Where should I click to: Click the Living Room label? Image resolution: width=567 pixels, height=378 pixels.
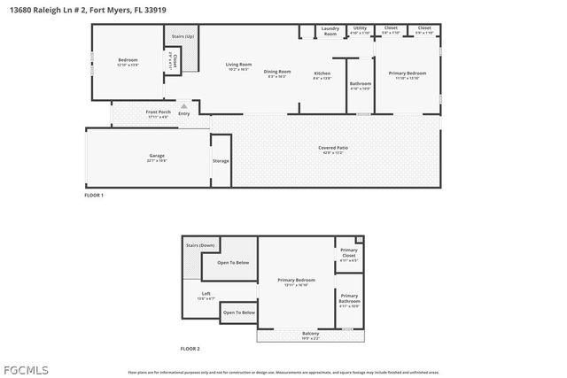238,65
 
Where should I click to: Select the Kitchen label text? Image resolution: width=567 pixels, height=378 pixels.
322,73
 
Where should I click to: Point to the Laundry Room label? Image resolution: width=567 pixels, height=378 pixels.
330,31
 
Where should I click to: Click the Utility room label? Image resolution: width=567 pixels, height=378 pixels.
360,28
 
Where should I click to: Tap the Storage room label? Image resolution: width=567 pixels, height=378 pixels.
221,160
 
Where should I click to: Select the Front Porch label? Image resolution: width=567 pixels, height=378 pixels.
159,112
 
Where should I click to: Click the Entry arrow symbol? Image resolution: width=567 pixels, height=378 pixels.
184,105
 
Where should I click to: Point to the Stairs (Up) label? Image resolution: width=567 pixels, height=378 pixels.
177,36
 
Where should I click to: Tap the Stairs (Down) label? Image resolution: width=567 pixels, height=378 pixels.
199,245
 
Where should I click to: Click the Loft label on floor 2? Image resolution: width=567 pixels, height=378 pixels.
206,293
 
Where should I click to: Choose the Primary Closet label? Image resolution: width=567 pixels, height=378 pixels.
349,255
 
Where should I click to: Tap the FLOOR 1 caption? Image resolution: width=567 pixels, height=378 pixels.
94,195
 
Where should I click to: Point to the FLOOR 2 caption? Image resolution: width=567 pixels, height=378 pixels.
190,349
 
